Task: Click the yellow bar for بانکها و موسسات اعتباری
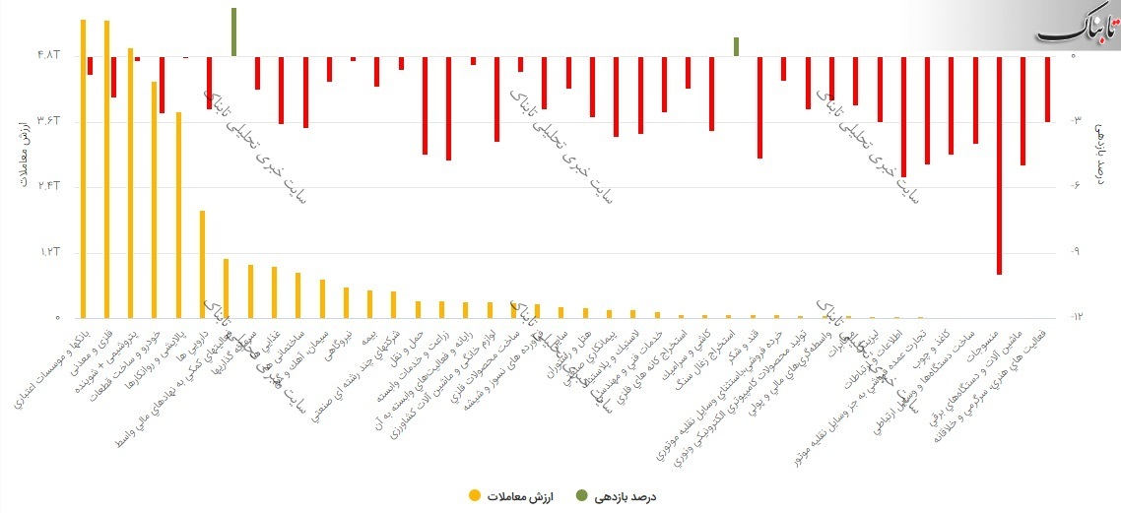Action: [x=83, y=167]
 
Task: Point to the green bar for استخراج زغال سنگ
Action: [x=736, y=46]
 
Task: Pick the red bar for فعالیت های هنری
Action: [x=1047, y=89]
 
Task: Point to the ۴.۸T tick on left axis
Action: [x=48, y=56]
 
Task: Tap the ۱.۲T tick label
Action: [x=48, y=252]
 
